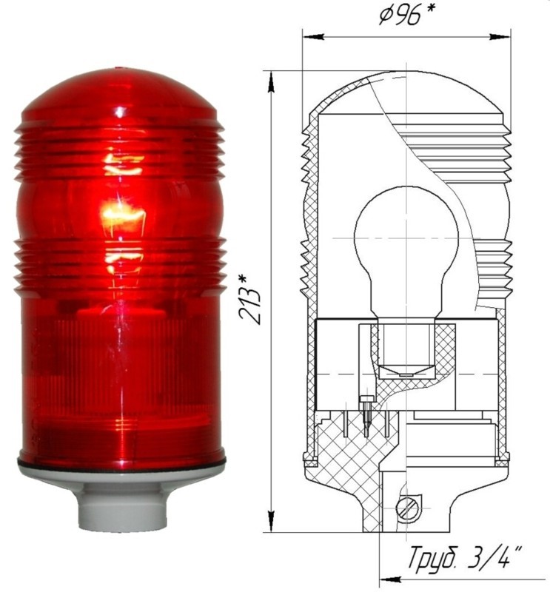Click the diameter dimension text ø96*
[406, 16]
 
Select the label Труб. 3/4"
[466, 558]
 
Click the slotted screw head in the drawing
[407, 509]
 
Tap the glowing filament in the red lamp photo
[123, 216]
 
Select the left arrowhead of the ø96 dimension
[314, 37]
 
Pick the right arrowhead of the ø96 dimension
[500, 37]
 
